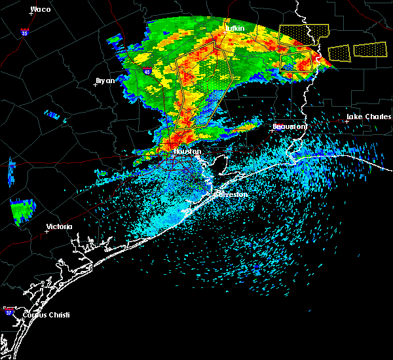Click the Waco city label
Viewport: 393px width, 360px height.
point(41,9)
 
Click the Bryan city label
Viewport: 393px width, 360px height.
point(105,81)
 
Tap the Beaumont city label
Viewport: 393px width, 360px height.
point(290,126)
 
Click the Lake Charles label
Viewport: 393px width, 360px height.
point(368,117)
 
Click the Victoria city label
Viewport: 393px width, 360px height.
point(59,226)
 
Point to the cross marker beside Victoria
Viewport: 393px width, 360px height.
point(47,231)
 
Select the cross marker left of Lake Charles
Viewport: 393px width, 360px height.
point(346,121)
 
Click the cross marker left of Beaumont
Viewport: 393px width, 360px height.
point(272,130)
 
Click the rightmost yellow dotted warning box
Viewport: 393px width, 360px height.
point(370,50)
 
